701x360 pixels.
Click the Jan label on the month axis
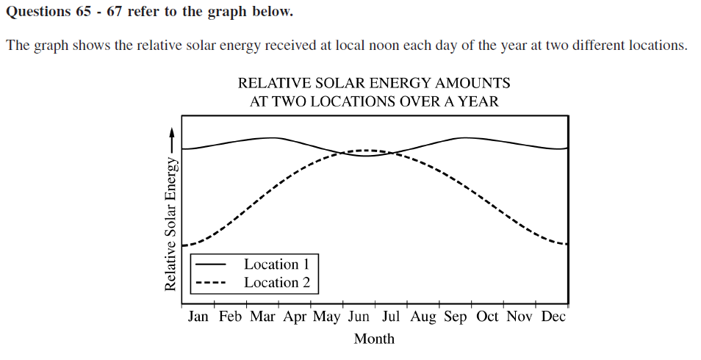[198, 317]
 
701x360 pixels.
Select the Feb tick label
[230, 317]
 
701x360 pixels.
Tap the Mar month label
[262, 317]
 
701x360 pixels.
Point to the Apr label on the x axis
[295, 317]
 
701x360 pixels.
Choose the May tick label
[327, 317]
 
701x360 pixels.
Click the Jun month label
[359, 317]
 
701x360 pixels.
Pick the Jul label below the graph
[391, 317]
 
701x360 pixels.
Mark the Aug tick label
[423, 317]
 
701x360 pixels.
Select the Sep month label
[456, 317]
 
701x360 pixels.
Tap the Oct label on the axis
[487, 317]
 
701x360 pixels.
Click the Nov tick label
[520, 317]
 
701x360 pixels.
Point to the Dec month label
[553, 317]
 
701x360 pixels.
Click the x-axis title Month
[374, 339]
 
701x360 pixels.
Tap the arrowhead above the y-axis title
[172, 133]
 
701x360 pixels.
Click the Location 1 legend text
[277, 264]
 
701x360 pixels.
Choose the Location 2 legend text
[277, 282]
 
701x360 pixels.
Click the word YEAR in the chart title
[479, 102]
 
